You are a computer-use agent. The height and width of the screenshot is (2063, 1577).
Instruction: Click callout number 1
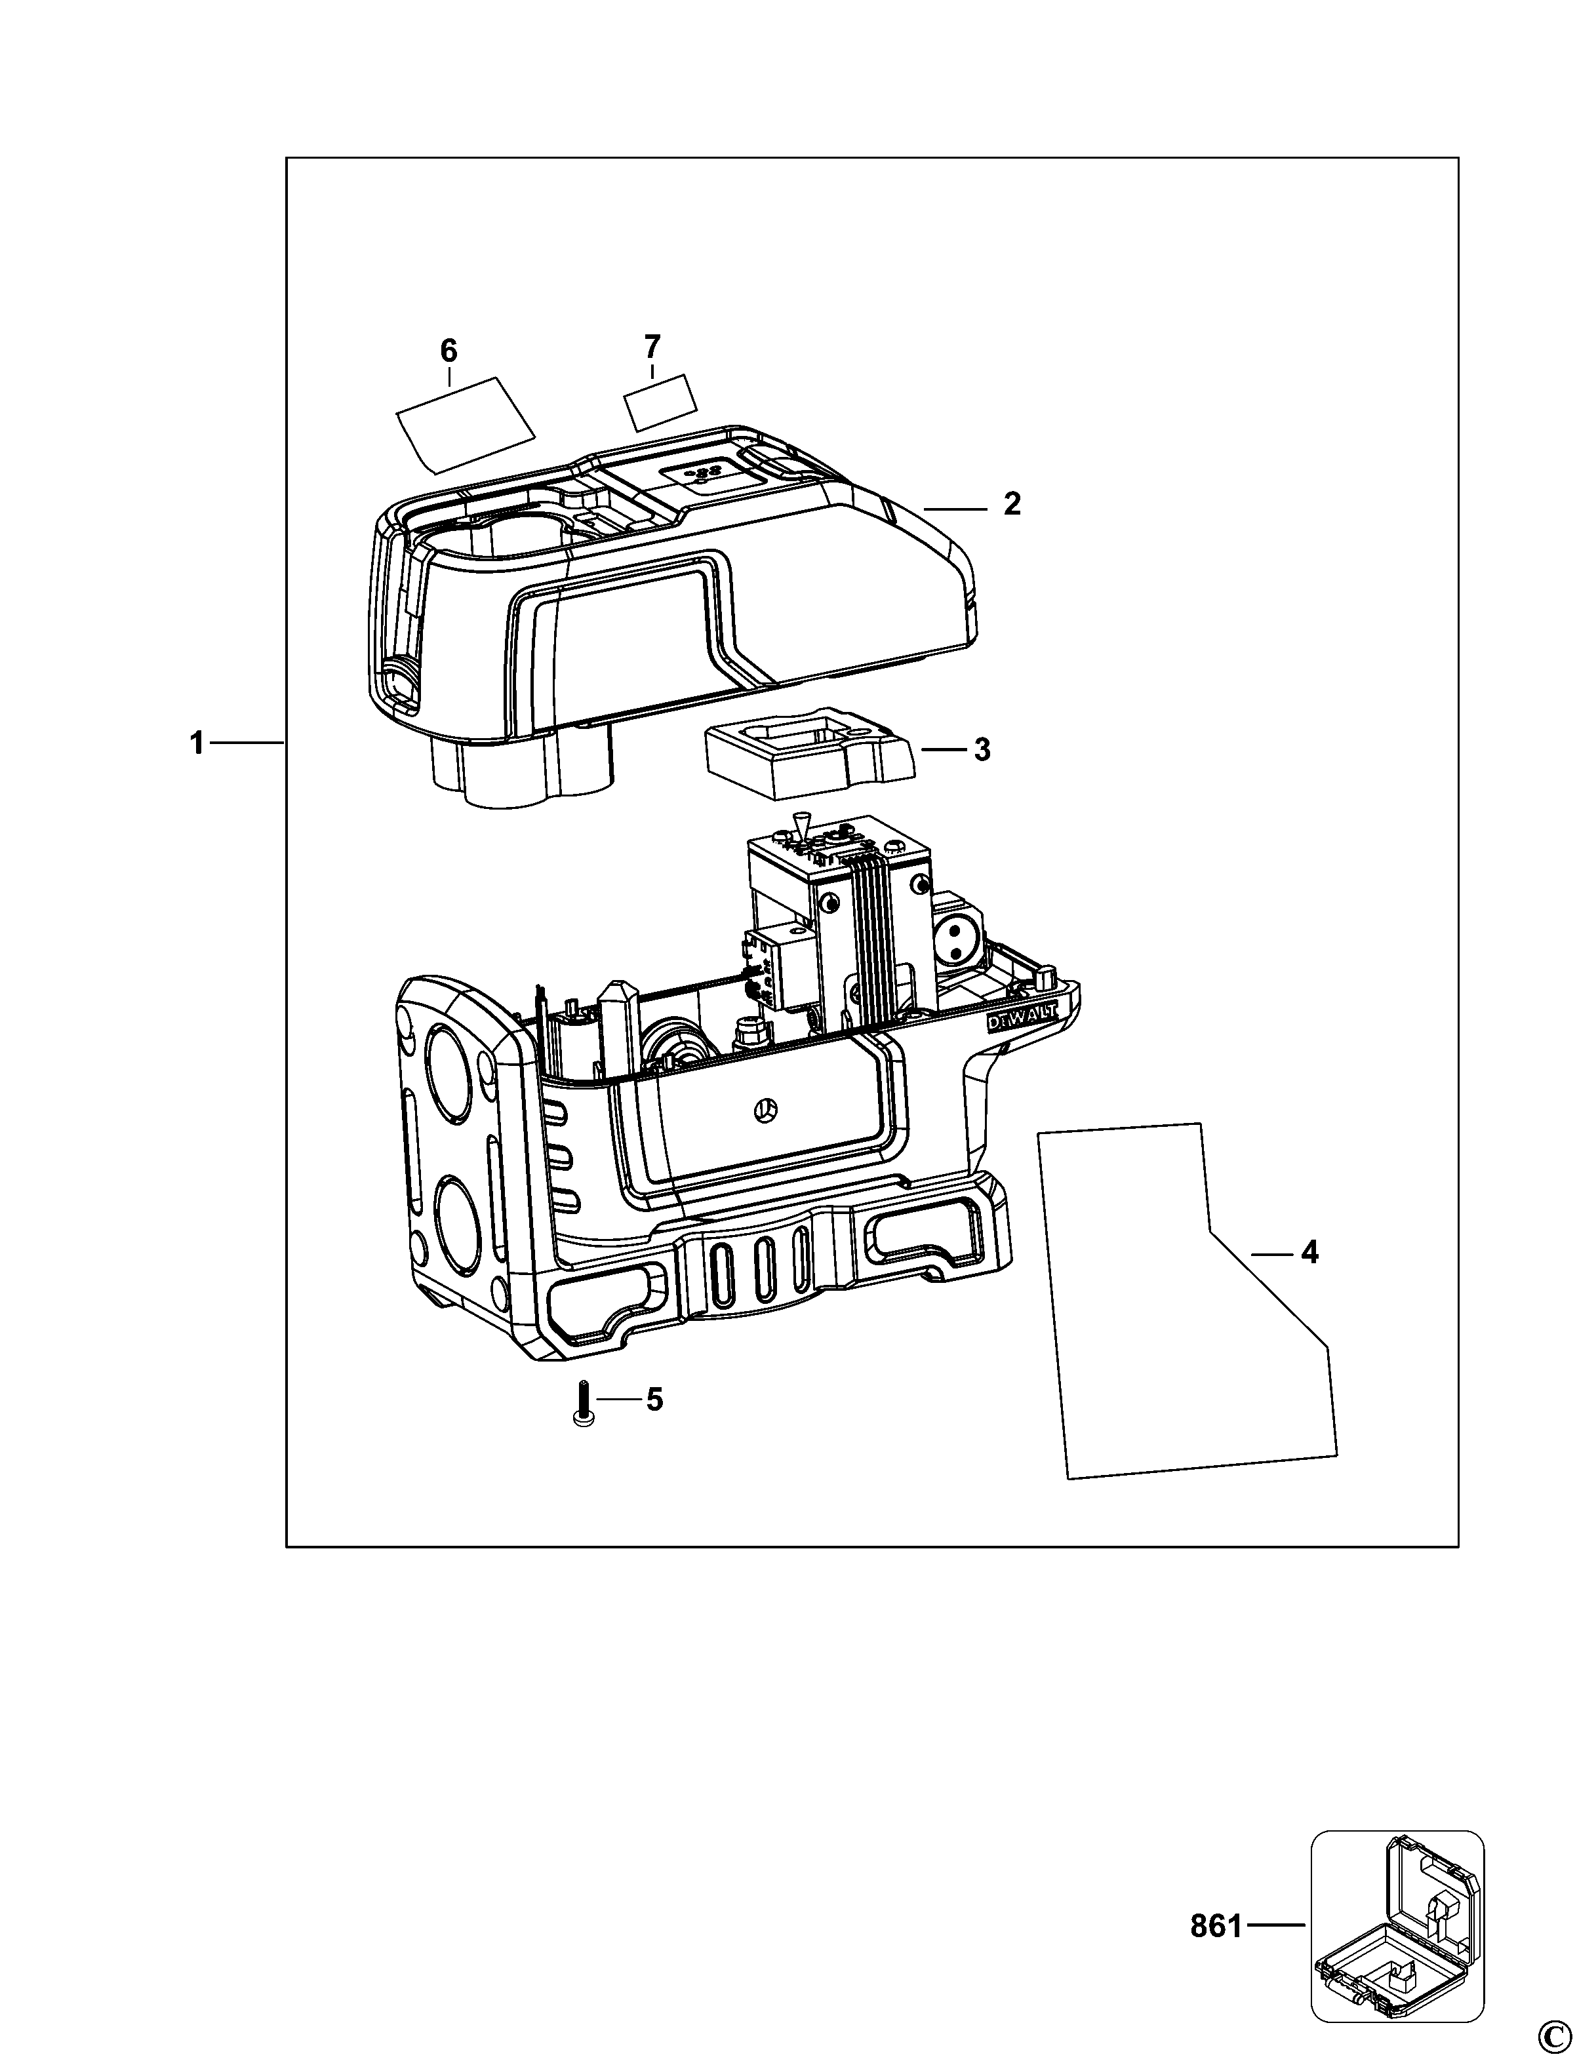pos(196,743)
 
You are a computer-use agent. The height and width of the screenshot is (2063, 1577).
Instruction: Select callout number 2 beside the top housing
pos(1011,504)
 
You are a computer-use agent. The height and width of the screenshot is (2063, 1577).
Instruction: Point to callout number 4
pos(1309,1252)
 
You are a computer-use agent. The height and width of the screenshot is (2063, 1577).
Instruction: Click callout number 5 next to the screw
pos(654,1426)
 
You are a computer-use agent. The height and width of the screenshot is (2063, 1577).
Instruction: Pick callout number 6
pos(449,350)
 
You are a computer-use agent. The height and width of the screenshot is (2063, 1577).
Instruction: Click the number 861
pos(1216,1919)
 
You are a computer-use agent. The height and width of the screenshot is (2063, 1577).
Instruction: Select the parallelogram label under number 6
pos(466,423)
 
